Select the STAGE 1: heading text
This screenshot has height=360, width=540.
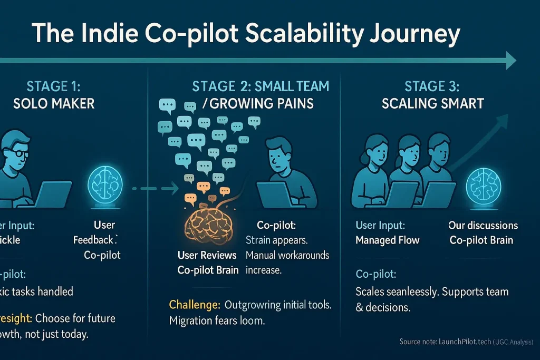coord(54,86)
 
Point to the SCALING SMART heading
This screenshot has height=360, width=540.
coord(432,103)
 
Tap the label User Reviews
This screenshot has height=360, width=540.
coord(207,256)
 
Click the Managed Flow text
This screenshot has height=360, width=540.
coord(388,240)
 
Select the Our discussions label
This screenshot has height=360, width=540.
coord(483,225)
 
